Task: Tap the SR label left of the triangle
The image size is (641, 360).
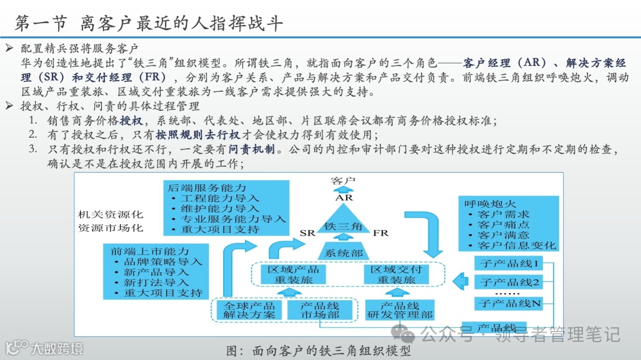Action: pyautogui.click(x=307, y=233)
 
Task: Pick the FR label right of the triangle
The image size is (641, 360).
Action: pyautogui.click(x=380, y=233)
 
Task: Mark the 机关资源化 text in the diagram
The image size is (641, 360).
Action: pyautogui.click(x=110, y=215)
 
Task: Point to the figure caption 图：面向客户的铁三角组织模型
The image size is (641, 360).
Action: pyautogui.click(x=319, y=351)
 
